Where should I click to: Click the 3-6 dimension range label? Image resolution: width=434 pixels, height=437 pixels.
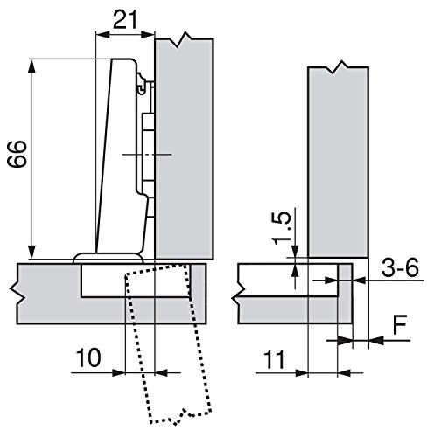[399, 271]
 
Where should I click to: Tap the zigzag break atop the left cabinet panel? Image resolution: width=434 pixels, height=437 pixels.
[185, 39]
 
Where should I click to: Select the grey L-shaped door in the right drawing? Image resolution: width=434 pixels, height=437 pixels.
[289, 297]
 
